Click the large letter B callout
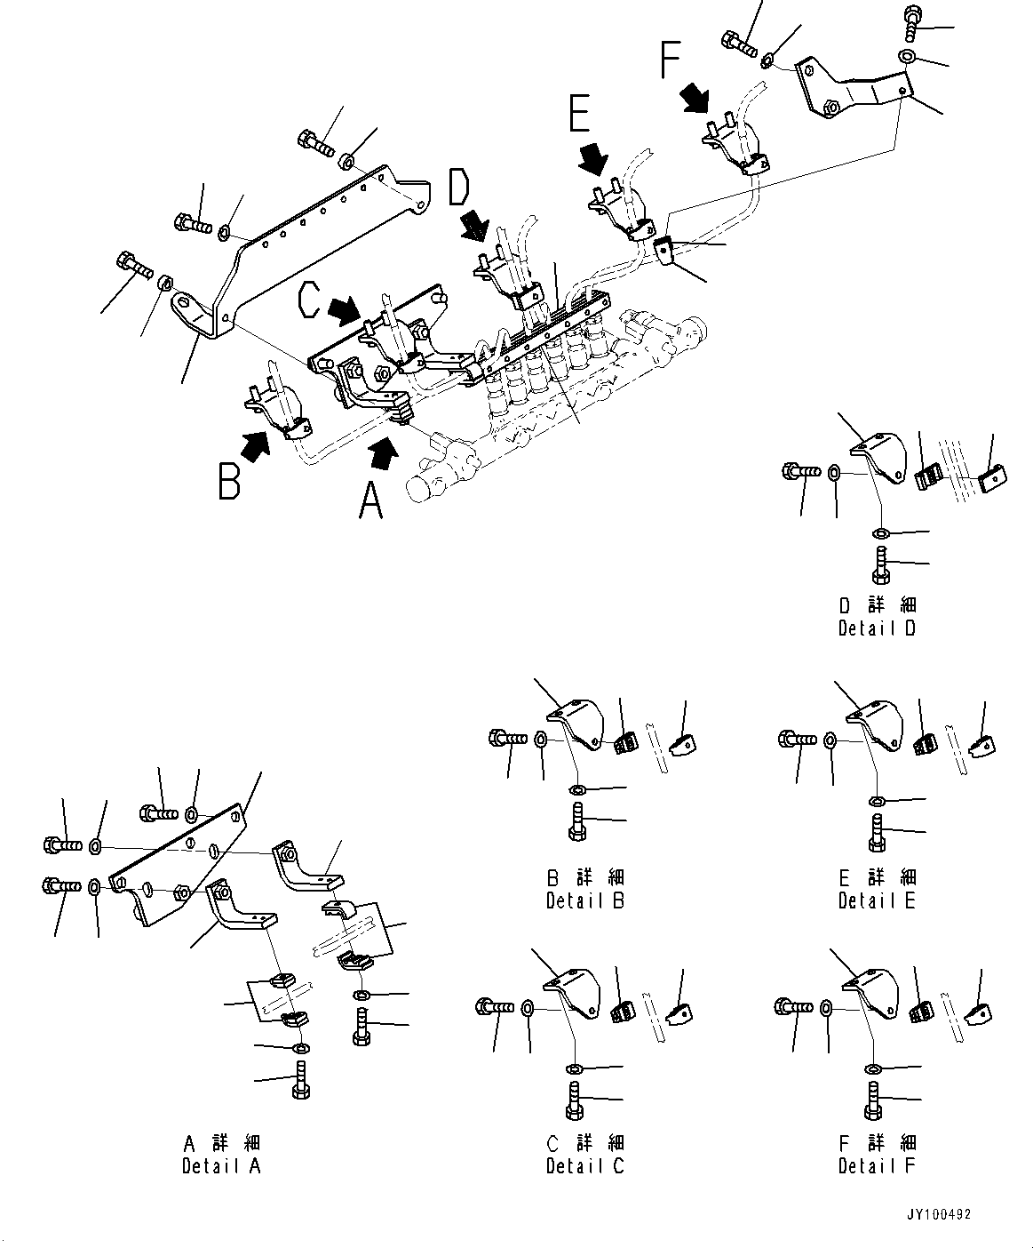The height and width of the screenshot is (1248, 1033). [x=230, y=478]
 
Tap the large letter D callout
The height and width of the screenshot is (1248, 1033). [x=460, y=190]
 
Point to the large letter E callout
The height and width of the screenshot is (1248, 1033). [x=579, y=118]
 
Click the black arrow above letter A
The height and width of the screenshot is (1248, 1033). [x=382, y=452]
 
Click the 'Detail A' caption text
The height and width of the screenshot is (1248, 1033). [x=221, y=1165]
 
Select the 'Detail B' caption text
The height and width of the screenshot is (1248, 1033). [x=585, y=900]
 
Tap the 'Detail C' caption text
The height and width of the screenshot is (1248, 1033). [x=585, y=1165]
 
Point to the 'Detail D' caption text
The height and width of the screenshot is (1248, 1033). [x=878, y=628]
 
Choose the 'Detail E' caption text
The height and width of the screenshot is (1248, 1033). [x=878, y=900]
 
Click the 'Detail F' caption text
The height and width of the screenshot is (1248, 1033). [x=878, y=1165]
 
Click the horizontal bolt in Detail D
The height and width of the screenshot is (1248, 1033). [x=799, y=472]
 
